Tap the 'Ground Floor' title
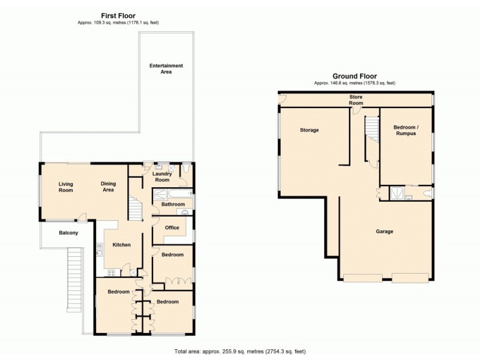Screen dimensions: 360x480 (x=355, y=76)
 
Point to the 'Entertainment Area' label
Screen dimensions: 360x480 (x=166, y=68)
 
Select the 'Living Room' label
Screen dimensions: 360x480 (x=65, y=187)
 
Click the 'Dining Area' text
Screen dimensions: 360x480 (x=108, y=187)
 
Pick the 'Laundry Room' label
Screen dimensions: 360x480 (x=161, y=177)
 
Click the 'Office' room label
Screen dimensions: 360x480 (x=172, y=228)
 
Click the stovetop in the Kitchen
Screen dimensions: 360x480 (x=111, y=273)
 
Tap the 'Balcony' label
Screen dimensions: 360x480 (x=68, y=233)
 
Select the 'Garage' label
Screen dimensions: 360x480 (x=385, y=232)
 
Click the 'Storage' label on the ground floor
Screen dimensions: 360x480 (x=309, y=130)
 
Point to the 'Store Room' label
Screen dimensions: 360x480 (x=356, y=100)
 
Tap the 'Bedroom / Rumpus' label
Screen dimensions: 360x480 (x=405, y=130)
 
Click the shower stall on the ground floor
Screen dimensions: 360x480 (x=396, y=193)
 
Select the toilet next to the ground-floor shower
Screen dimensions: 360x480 (x=426, y=193)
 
